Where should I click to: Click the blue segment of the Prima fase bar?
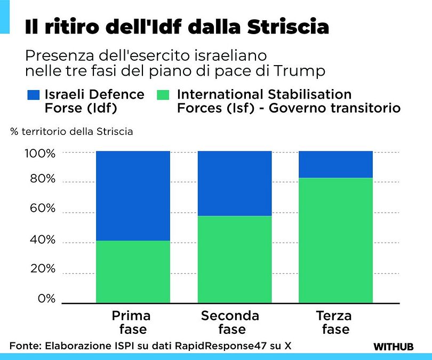133,196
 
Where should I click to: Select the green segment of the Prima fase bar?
133,271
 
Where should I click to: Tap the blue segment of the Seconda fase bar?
235,183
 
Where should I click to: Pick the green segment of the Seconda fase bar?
235,259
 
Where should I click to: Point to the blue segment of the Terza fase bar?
335,164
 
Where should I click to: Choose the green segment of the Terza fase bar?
335,240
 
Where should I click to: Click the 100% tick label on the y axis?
40,154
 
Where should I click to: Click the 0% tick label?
46,299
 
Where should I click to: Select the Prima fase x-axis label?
131,322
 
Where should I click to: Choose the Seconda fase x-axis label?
230,322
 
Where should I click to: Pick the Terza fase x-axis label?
334,322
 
